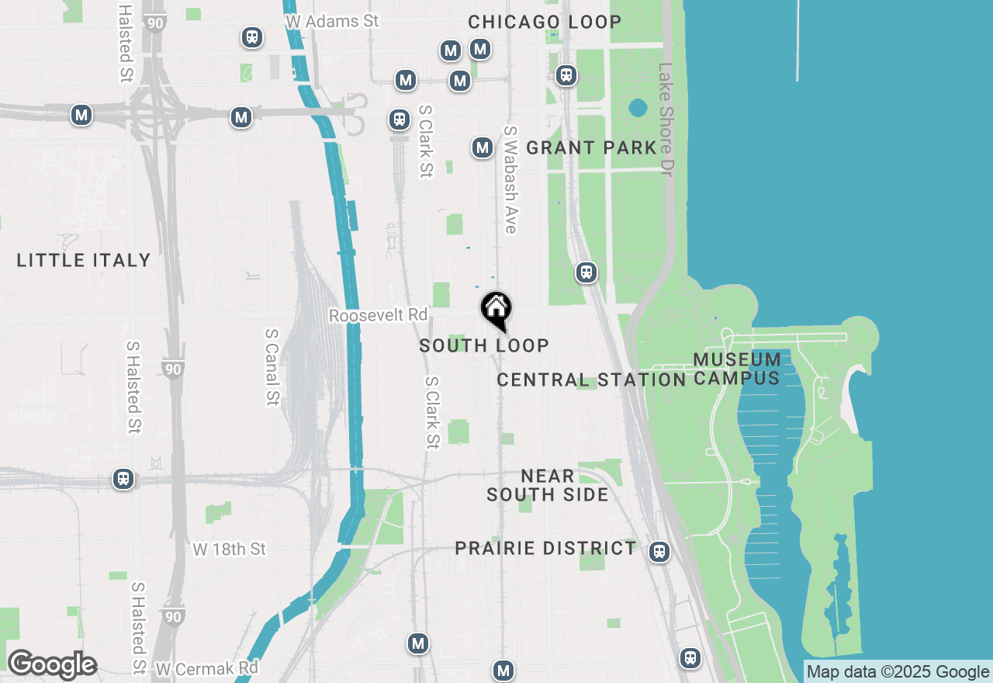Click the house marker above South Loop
click(496, 309)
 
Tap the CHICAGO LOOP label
click(545, 22)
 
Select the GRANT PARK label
click(591, 147)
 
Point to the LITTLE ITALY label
click(84, 260)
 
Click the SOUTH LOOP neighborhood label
click(484, 345)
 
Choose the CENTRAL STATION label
click(591, 380)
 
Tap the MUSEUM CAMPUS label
click(737, 369)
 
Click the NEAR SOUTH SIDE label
click(548, 485)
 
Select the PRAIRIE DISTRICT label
click(545, 548)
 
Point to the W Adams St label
click(332, 21)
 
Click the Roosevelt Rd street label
click(378, 315)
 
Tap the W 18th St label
click(229, 550)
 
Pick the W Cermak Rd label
click(206, 667)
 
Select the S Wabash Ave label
click(510, 179)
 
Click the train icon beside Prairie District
click(659, 552)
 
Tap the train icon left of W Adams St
click(251, 37)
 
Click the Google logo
click(51, 665)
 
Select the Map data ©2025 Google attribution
click(898, 672)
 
